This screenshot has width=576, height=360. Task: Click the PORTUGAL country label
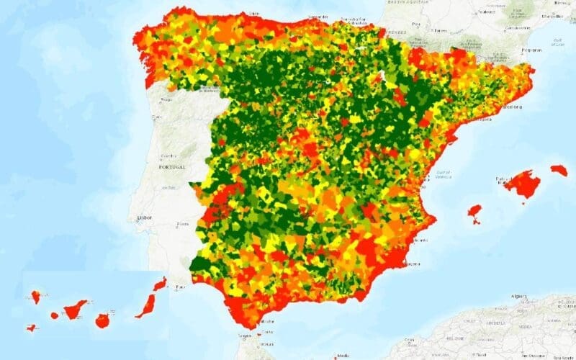pyautogui.click(x=172, y=166)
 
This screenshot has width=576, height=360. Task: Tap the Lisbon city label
pyautogui.click(x=143, y=217)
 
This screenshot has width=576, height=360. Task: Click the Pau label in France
pyautogui.click(x=415, y=24)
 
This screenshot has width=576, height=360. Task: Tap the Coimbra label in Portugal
pyautogui.click(x=171, y=155)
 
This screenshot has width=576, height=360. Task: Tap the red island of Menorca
pyautogui.click(x=559, y=170)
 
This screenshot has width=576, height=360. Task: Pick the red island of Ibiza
pyautogui.click(x=474, y=212)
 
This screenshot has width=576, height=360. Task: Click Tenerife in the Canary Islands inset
pyautogui.click(x=75, y=310)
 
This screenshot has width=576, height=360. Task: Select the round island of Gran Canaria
pyautogui.click(x=102, y=320)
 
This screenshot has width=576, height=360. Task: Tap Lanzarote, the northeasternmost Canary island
pyautogui.click(x=160, y=284)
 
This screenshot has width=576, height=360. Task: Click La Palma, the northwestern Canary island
pyautogui.click(x=35, y=296)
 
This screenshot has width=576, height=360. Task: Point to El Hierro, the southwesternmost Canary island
pyautogui.click(x=31, y=328)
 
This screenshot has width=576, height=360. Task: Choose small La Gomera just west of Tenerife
pyautogui.click(x=55, y=315)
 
